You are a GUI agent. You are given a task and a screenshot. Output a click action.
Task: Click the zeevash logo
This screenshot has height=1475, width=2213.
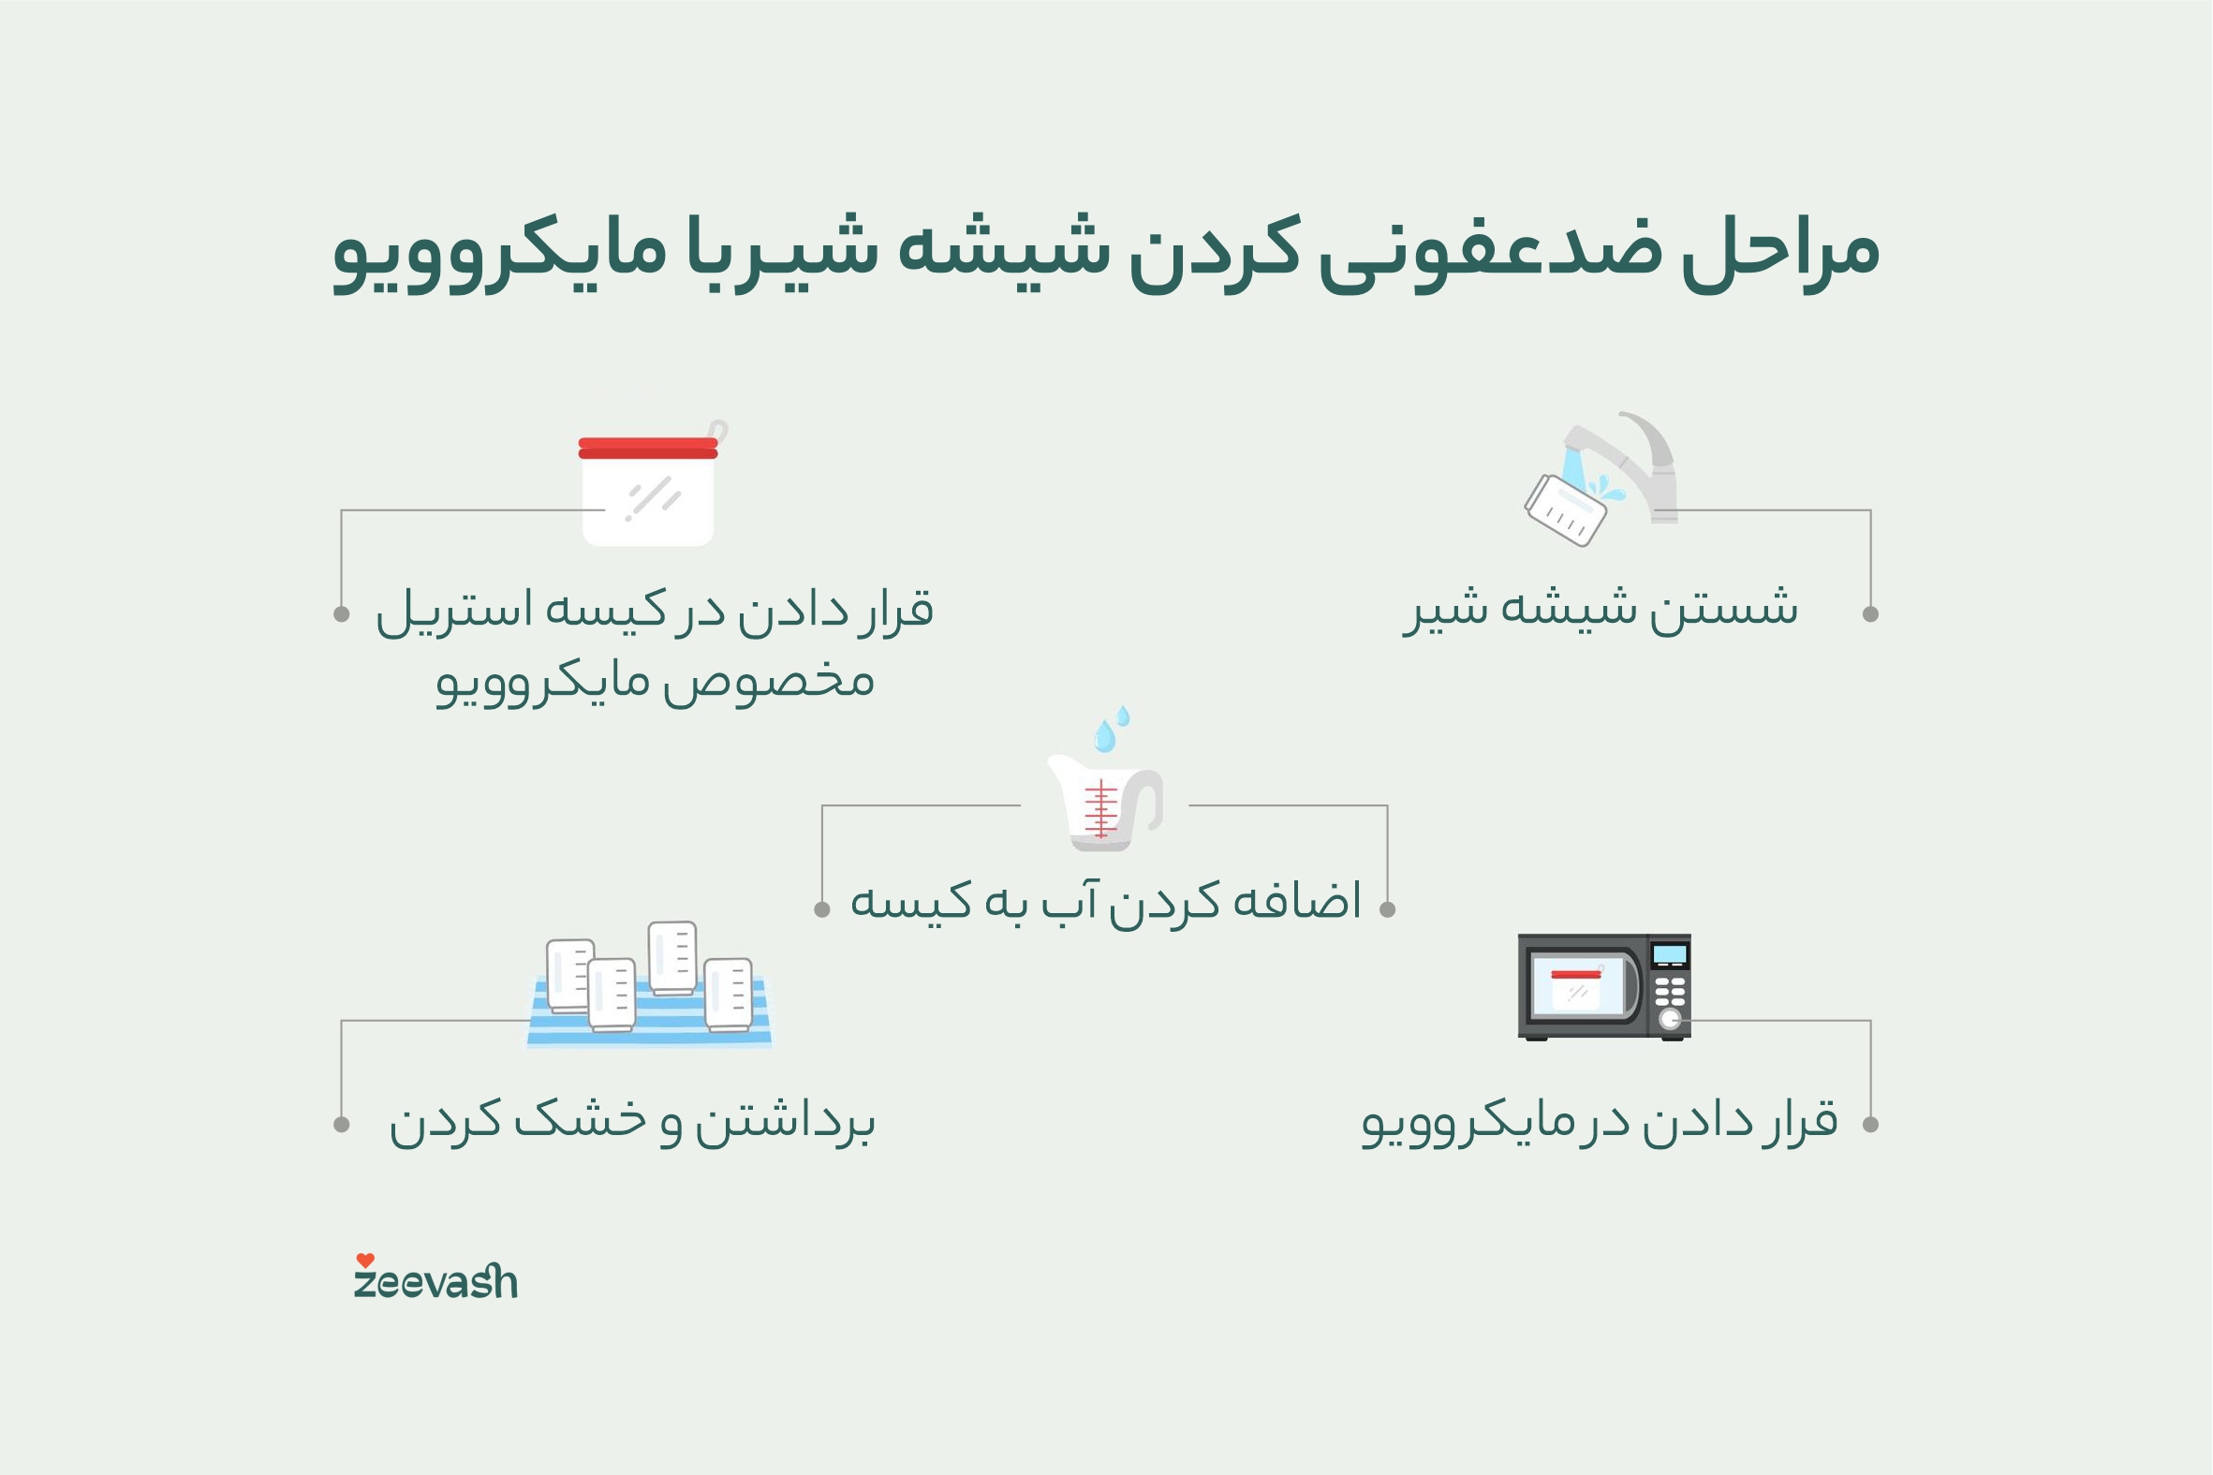[435, 1282]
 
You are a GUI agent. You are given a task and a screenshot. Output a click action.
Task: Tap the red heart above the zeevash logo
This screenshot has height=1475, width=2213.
[365, 1261]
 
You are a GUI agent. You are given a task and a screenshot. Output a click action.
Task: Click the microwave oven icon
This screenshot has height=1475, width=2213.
[1603, 987]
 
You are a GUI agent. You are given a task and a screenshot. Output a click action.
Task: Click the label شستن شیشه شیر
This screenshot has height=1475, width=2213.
[1600, 608]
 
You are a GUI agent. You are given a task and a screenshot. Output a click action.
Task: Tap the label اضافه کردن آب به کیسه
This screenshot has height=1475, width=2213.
[1105, 901]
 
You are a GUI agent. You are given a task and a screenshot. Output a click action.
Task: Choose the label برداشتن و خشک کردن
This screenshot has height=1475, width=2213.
[632, 1121]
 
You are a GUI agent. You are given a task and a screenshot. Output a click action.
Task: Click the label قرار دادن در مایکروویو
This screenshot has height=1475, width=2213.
[1599, 1121]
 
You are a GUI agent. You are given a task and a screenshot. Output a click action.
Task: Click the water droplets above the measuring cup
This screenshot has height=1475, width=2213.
[1111, 729]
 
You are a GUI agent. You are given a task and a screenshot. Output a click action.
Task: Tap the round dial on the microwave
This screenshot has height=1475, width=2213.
[1670, 1019]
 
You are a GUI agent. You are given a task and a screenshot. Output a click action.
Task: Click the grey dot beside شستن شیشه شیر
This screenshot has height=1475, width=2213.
[1869, 614]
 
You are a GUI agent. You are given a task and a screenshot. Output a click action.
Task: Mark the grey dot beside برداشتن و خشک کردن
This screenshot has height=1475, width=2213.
[342, 1124]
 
